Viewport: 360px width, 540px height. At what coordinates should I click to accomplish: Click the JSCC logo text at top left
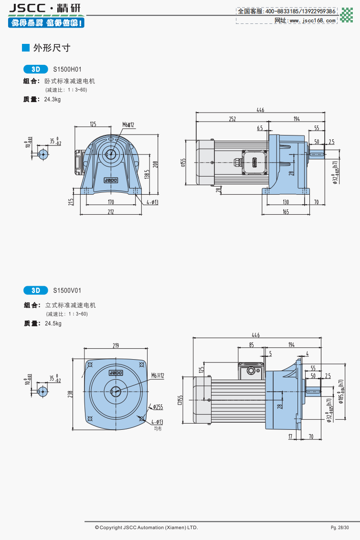27,8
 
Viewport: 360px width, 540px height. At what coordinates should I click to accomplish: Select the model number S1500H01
67,69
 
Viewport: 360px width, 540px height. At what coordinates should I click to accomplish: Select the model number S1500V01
67,290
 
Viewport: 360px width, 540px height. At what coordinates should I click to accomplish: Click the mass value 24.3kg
53,99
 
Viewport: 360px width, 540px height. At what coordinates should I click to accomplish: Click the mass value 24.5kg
53,323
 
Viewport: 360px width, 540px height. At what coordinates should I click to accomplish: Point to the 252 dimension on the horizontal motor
232,119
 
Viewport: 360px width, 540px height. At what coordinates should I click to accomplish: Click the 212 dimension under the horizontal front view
111,211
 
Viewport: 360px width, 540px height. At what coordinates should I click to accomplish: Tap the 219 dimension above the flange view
116,346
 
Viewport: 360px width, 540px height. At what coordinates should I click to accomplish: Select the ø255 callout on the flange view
158,407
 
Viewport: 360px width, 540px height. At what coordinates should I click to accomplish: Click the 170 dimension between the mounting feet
111,202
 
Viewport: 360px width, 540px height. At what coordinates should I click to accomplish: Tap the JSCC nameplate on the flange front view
116,373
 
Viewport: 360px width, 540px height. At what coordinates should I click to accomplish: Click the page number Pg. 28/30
339,528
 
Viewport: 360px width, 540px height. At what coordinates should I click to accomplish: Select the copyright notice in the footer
146,528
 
